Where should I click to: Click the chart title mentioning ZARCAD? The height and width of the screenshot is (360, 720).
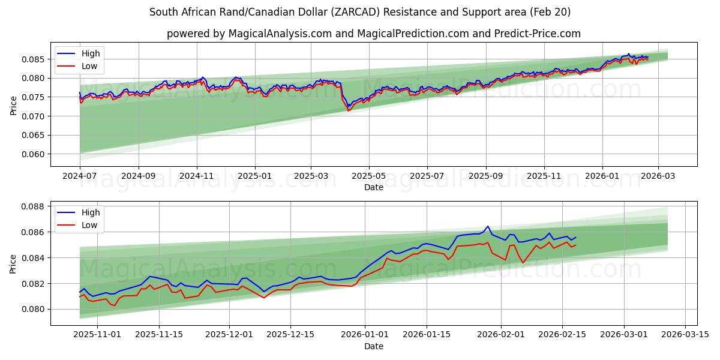tap(360, 12)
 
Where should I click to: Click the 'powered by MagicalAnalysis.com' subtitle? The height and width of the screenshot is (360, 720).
tap(373, 34)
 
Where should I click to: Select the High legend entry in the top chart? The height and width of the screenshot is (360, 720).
tap(91, 53)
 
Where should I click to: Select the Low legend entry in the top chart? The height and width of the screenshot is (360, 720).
tap(89, 67)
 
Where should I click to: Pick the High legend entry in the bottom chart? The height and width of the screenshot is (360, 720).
tap(91, 212)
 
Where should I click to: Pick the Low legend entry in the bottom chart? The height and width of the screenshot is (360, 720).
tap(89, 225)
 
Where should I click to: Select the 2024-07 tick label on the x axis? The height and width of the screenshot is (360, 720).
tap(80, 176)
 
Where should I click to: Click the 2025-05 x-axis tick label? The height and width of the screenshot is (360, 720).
tap(368, 176)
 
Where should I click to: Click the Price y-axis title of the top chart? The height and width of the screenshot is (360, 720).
tap(13, 105)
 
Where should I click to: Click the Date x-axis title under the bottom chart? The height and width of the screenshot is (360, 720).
tap(373, 346)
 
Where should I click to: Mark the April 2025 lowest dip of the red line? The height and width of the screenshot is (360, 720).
tap(348, 110)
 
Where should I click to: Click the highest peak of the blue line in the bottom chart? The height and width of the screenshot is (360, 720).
tap(487, 226)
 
